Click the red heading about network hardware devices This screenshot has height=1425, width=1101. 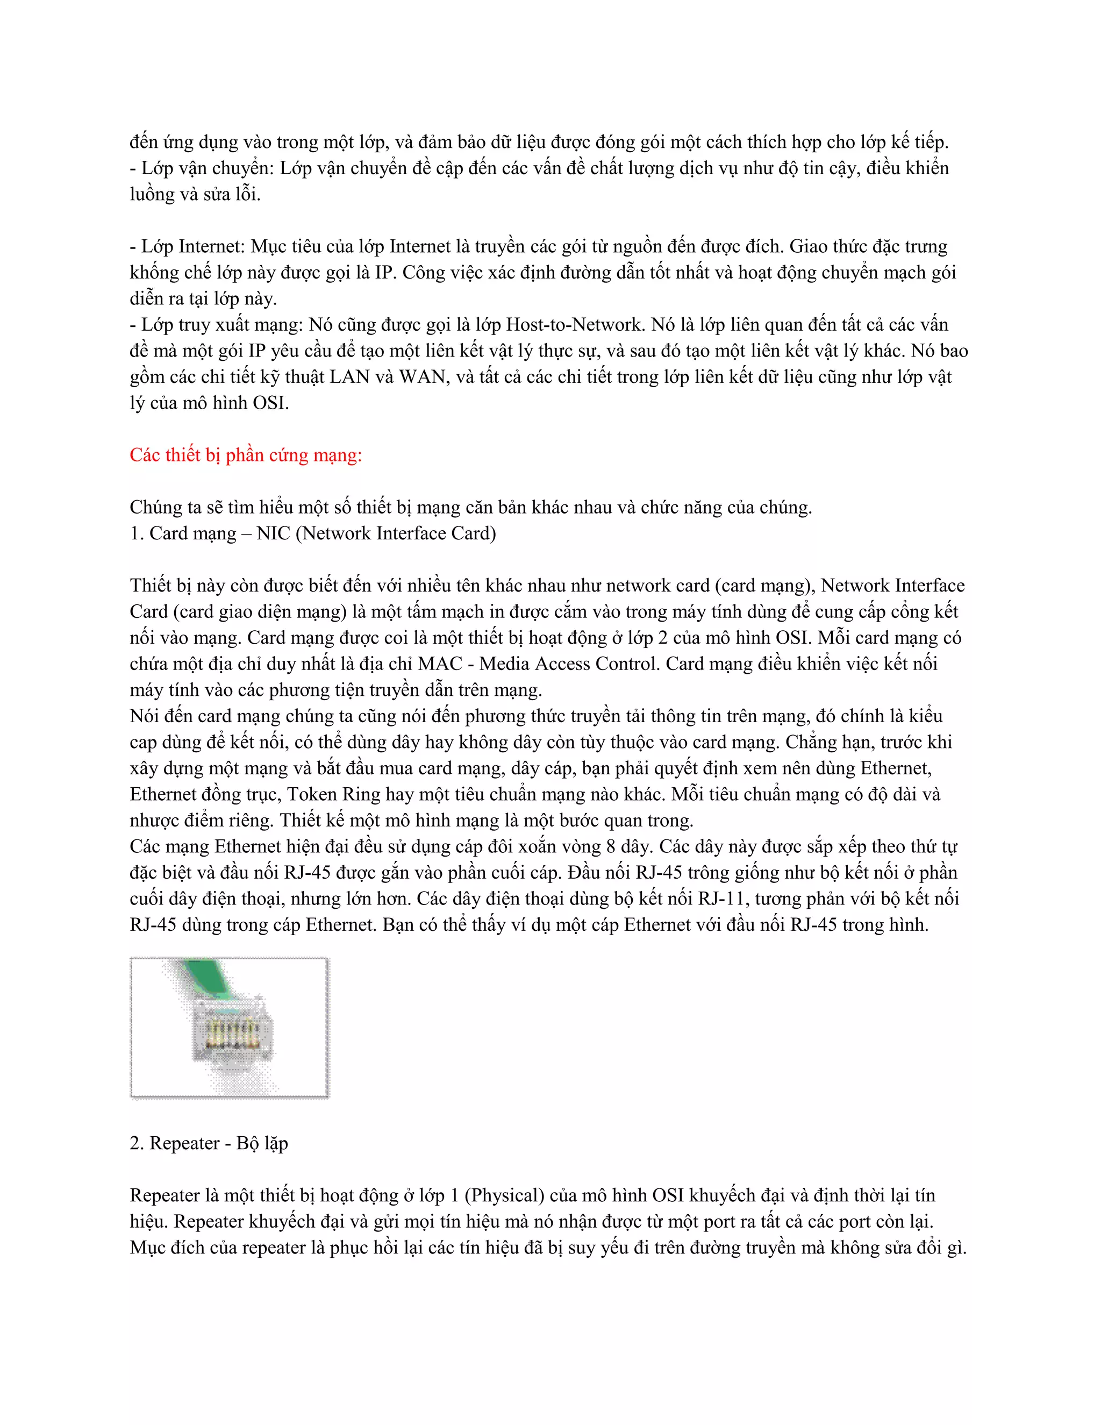pos(245,455)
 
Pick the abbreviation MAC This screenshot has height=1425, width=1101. pos(440,664)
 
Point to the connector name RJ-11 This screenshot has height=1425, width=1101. pos(720,899)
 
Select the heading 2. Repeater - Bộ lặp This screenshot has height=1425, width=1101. pos(209,1143)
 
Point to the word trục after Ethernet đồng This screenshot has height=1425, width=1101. pos(262,794)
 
